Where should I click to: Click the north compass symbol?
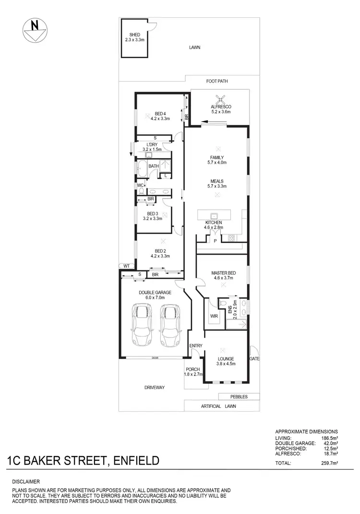pyautogui.click(x=34, y=30)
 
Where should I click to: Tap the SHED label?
pyautogui.click(x=134, y=35)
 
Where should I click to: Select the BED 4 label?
pyautogui.click(x=160, y=113)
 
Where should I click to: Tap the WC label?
pyautogui.click(x=140, y=185)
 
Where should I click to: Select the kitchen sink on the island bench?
pyautogui.click(x=214, y=215)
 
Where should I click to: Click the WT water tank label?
pyautogui.click(x=126, y=265)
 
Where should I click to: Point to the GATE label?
pyautogui.click(x=254, y=359)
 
